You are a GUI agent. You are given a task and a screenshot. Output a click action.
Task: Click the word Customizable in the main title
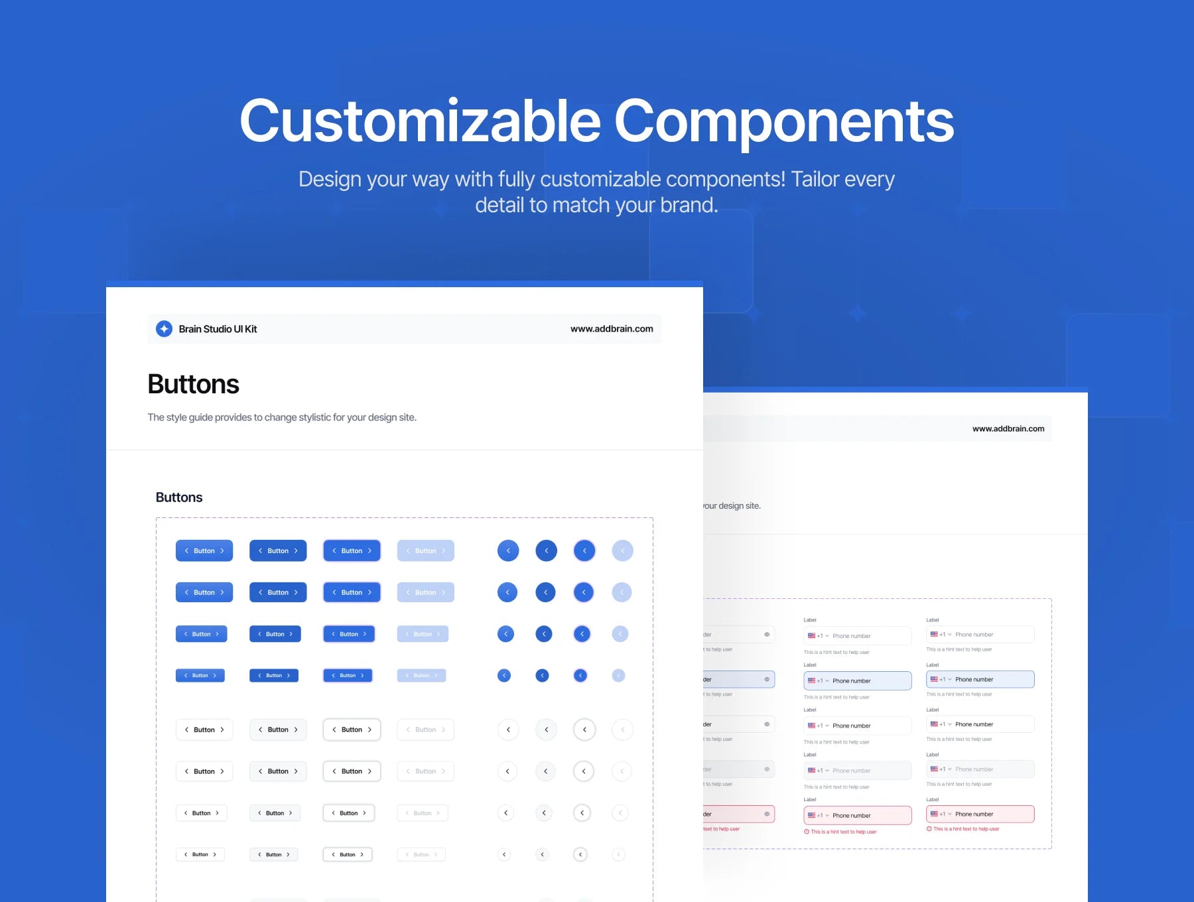[x=420, y=121]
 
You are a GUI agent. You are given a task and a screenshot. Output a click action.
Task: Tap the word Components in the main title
[x=784, y=121]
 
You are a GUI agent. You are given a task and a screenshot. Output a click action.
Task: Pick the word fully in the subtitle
[x=516, y=179]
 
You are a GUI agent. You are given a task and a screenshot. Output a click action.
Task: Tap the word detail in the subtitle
[x=499, y=205]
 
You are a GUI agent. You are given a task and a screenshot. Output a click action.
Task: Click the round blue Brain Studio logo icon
[x=164, y=329]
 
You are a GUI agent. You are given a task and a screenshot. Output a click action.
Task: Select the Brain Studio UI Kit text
[x=218, y=329]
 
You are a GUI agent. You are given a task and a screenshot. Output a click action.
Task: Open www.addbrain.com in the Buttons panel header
[x=612, y=329]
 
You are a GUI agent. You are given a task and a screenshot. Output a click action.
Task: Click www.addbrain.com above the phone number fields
[x=1008, y=428]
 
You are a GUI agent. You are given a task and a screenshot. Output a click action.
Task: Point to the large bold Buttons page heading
[x=193, y=385]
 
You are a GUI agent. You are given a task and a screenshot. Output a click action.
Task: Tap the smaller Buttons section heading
[x=179, y=497]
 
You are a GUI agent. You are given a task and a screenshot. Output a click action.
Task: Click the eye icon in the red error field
[x=767, y=814]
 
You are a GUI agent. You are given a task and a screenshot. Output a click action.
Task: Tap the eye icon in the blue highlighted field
[x=767, y=679]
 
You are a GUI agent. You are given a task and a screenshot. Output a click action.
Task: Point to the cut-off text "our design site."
[x=732, y=505]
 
